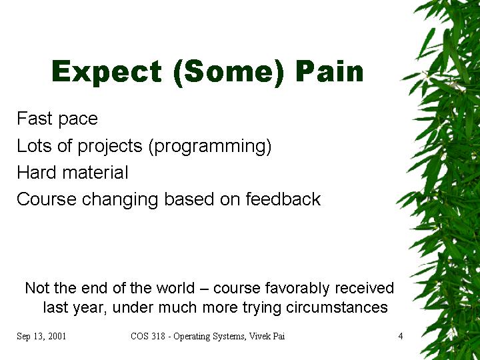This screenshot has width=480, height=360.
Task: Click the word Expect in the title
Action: (x=107, y=72)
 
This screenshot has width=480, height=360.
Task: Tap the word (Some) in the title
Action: (x=229, y=73)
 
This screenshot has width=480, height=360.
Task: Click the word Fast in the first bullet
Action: (x=35, y=118)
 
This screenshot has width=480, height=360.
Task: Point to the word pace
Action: (x=78, y=120)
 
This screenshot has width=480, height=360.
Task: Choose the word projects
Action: (x=110, y=146)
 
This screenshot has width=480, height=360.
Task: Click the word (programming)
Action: (x=210, y=146)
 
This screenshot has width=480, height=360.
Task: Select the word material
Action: (x=95, y=172)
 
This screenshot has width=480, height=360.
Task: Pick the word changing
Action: (x=120, y=200)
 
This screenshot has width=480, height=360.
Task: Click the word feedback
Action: (x=283, y=199)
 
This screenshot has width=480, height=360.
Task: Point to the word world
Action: (x=175, y=288)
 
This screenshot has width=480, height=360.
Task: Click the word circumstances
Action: (x=337, y=307)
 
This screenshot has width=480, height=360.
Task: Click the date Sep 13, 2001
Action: (x=41, y=337)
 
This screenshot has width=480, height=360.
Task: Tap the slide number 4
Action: (x=401, y=336)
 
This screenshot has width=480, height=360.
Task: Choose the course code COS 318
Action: (x=148, y=336)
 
